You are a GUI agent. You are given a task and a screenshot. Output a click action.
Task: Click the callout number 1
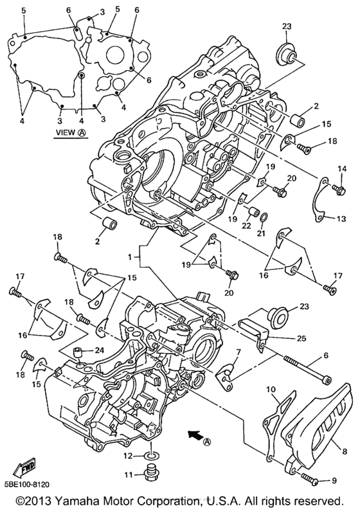tap(130, 256)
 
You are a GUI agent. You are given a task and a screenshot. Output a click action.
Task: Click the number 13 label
tap(341, 219)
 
